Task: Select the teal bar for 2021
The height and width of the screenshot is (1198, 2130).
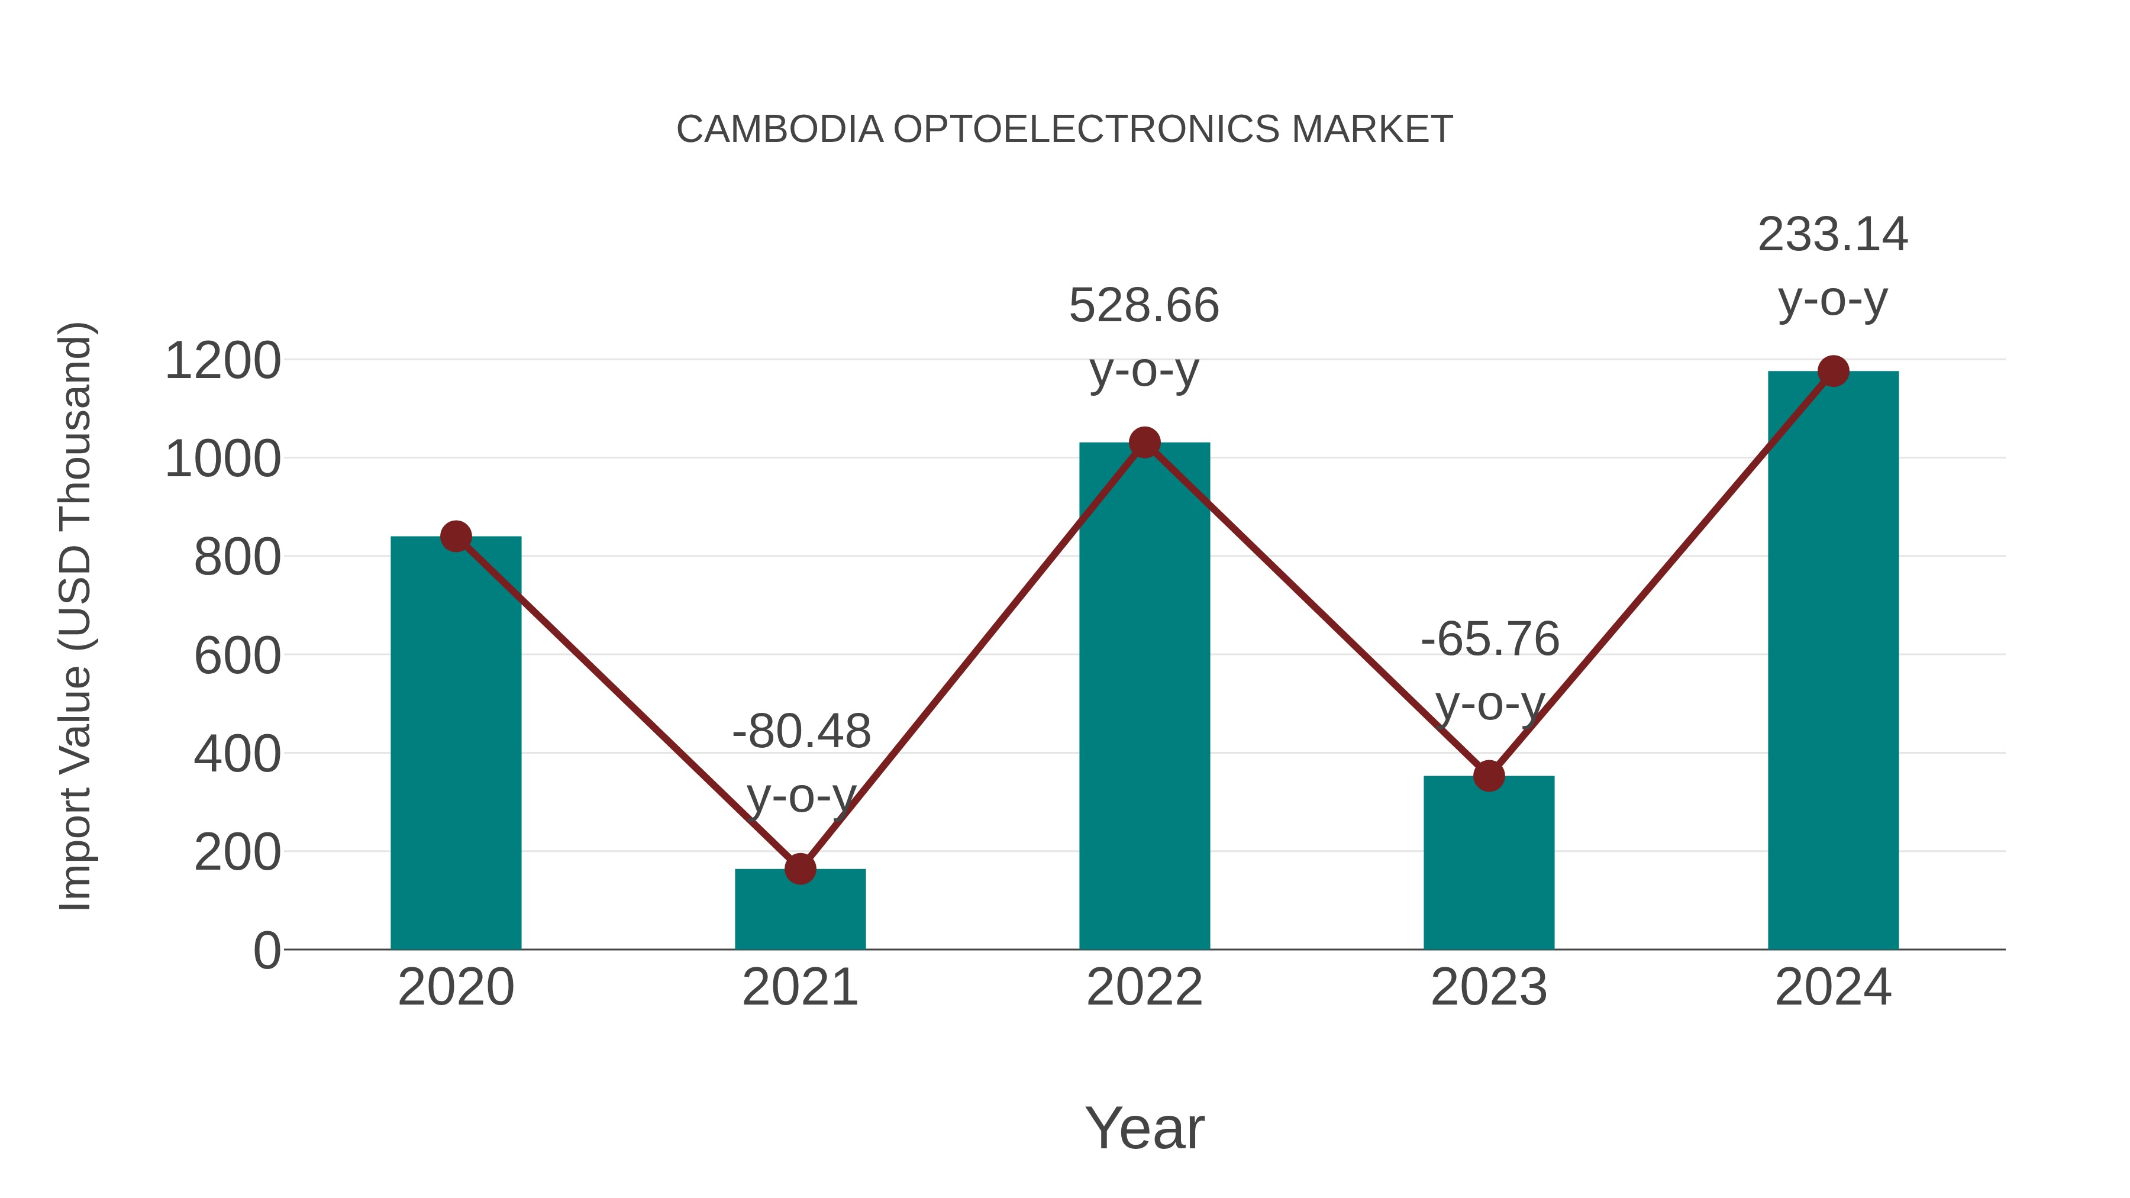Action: tap(799, 909)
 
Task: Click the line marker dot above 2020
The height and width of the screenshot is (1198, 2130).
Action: tap(456, 537)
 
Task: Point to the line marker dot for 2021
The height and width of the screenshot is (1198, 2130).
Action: tap(799, 869)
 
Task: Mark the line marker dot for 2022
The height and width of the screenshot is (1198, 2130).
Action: tap(1144, 443)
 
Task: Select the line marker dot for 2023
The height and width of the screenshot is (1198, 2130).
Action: tap(1489, 776)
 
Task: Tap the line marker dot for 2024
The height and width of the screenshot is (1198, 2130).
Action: tap(1833, 371)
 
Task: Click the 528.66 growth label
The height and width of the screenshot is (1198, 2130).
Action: tap(1144, 306)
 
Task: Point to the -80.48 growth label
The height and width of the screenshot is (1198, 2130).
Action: tap(801, 732)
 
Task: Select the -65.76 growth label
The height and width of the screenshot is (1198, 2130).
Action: tap(1490, 639)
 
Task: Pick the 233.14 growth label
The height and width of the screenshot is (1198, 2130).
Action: tap(1833, 235)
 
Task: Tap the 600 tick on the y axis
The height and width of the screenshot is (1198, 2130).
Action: tap(237, 657)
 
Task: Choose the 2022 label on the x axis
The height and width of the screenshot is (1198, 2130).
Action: tap(1144, 987)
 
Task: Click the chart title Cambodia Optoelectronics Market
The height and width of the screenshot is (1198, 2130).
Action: tap(1064, 130)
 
